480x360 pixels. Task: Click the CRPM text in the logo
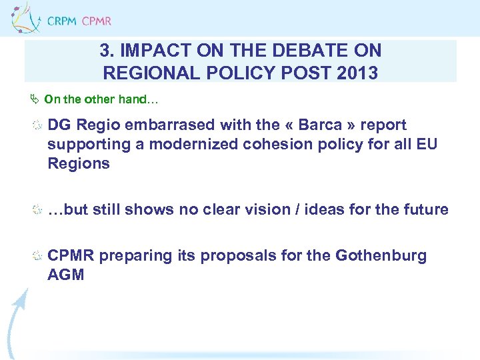[61, 21]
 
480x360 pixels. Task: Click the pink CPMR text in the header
[96, 21]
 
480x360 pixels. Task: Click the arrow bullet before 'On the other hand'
[36, 99]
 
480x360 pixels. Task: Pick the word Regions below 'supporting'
[79, 163]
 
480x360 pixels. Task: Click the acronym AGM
[66, 275]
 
